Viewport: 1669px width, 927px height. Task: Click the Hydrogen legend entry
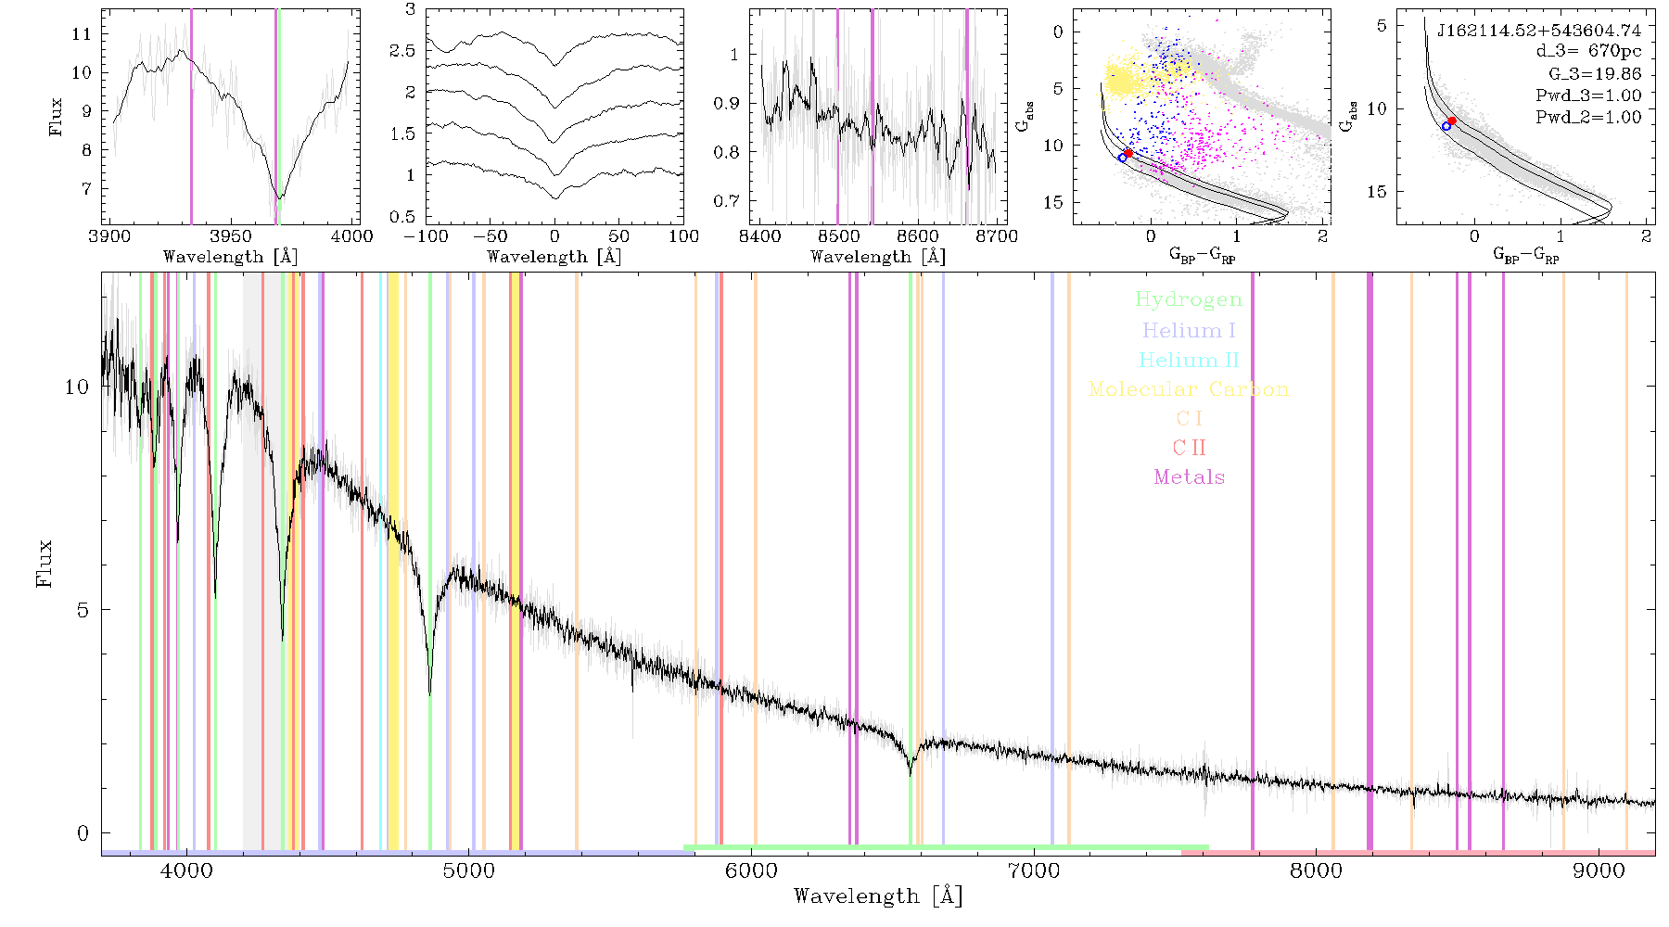click(x=1188, y=300)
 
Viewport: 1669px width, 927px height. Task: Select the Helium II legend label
click(x=1188, y=360)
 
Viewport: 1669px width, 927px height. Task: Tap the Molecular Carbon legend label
click(x=1189, y=389)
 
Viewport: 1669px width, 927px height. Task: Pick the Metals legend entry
click(x=1189, y=477)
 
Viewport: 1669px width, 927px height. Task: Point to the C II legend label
click(x=1189, y=448)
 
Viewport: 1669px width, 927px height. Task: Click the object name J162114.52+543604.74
click(x=1538, y=31)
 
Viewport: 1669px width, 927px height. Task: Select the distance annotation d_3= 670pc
click(x=1588, y=52)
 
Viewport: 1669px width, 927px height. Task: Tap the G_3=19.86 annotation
click(x=1595, y=74)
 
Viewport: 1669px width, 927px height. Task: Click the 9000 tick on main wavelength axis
click(x=1598, y=871)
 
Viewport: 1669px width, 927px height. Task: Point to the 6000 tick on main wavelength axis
click(x=751, y=871)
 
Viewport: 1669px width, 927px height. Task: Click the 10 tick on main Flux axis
click(x=77, y=387)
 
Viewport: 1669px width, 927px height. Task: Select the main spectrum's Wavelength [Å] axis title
click(x=878, y=896)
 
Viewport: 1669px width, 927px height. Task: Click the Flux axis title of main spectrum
click(x=44, y=563)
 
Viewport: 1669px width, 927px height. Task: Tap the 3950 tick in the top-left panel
click(x=230, y=236)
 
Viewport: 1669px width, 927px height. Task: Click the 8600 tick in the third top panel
click(x=918, y=236)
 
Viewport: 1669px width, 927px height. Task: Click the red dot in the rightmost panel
click(x=1452, y=121)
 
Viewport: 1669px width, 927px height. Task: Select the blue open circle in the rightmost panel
click(x=1446, y=126)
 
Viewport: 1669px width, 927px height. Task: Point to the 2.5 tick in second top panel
click(x=402, y=50)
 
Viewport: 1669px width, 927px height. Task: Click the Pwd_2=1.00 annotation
click(x=1588, y=118)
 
